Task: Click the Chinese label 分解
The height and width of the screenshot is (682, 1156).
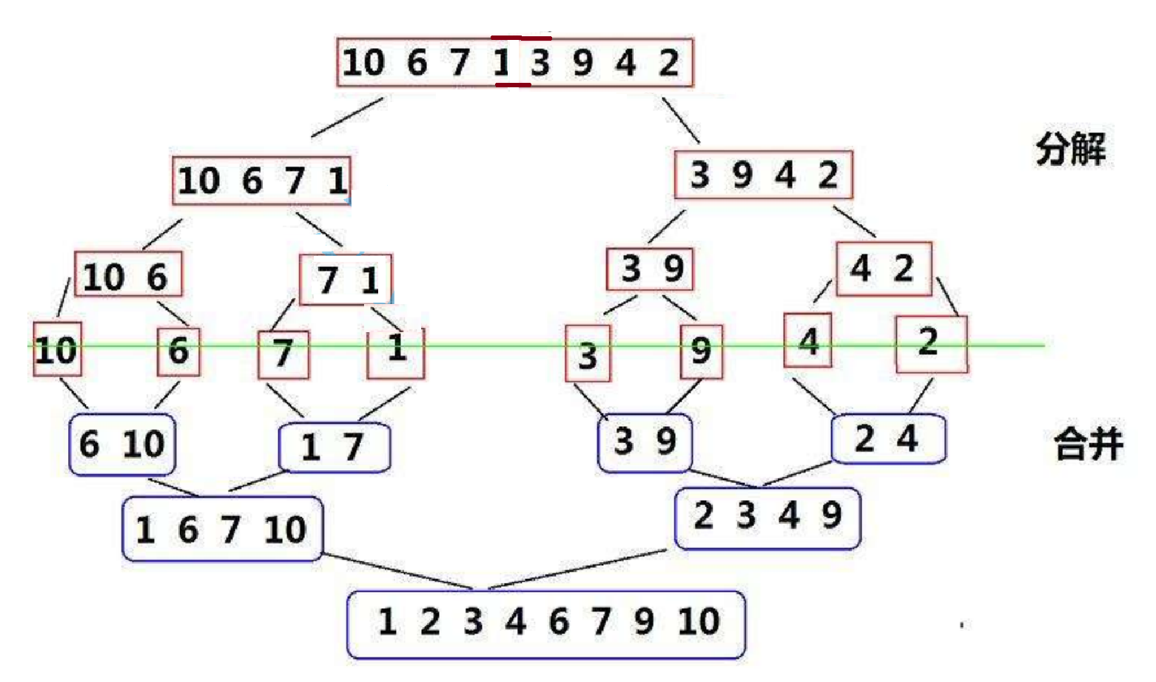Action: click(x=1070, y=149)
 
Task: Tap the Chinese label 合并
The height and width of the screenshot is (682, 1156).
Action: click(x=1088, y=445)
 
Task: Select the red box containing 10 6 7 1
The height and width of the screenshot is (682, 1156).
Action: click(x=261, y=180)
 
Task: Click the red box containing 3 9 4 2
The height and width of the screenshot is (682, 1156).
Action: click(x=763, y=175)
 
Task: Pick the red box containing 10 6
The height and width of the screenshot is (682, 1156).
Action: click(x=128, y=274)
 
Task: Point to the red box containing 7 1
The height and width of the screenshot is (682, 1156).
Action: click(x=346, y=279)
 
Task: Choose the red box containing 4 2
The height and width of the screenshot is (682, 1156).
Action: click(x=883, y=269)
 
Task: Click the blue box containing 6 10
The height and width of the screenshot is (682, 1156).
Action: click(x=122, y=444)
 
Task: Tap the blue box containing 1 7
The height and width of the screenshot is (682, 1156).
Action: click(x=334, y=447)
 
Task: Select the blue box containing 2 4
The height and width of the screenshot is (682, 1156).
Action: click(x=888, y=439)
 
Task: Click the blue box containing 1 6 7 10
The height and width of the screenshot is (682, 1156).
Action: click(x=222, y=529)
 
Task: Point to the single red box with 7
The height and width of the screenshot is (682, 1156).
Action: click(x=283, y=354)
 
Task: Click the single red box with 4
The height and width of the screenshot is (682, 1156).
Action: click(x=807, y=340)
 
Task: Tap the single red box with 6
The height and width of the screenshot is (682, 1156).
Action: click(x=178, y=351)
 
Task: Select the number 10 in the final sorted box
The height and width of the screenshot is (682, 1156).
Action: click(x=698, y=621)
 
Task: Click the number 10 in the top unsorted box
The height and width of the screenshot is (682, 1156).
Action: click(x=363, y=63)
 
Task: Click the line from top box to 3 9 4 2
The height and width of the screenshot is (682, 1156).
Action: click(x=680, y=120)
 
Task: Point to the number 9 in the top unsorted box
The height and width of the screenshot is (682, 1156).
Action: click(x=582, y=63)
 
